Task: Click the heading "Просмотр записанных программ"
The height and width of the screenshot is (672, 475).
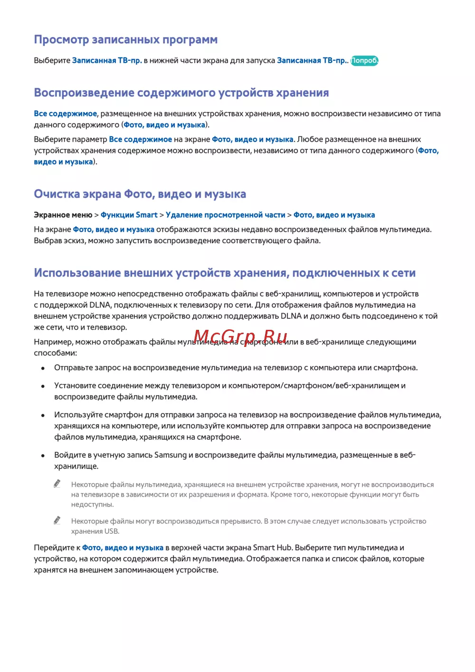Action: coord(125,40)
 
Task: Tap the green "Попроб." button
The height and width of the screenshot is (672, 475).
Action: coord(364,61)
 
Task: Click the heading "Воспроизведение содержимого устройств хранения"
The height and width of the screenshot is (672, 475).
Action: coord(181,93)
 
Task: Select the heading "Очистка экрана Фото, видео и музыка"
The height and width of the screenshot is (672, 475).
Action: coord(140,194)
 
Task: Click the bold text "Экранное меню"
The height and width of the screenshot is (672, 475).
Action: coord(63,215)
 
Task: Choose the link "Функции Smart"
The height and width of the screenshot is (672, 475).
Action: coord(129,215)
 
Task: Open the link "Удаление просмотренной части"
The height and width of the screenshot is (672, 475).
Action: coord(226,215)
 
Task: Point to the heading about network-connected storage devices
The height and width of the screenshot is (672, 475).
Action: coord(225,273)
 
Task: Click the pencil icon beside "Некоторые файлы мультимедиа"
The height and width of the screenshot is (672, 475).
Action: coord(57,484)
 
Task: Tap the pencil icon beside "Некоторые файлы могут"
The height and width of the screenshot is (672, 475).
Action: coord(57,520)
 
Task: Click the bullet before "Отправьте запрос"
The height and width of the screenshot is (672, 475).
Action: coord(43,368)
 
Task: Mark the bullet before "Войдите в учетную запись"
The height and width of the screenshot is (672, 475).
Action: coord(43,456)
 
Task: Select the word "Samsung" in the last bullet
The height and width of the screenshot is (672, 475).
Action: coord(171,455)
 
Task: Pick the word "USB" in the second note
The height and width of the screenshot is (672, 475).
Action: coord(112,531)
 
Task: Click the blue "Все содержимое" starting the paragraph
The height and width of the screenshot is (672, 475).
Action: coord(65,114)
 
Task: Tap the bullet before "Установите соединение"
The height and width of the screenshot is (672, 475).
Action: coord(43,386)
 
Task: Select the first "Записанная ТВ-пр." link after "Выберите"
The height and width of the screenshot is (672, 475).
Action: coord(107,61)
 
